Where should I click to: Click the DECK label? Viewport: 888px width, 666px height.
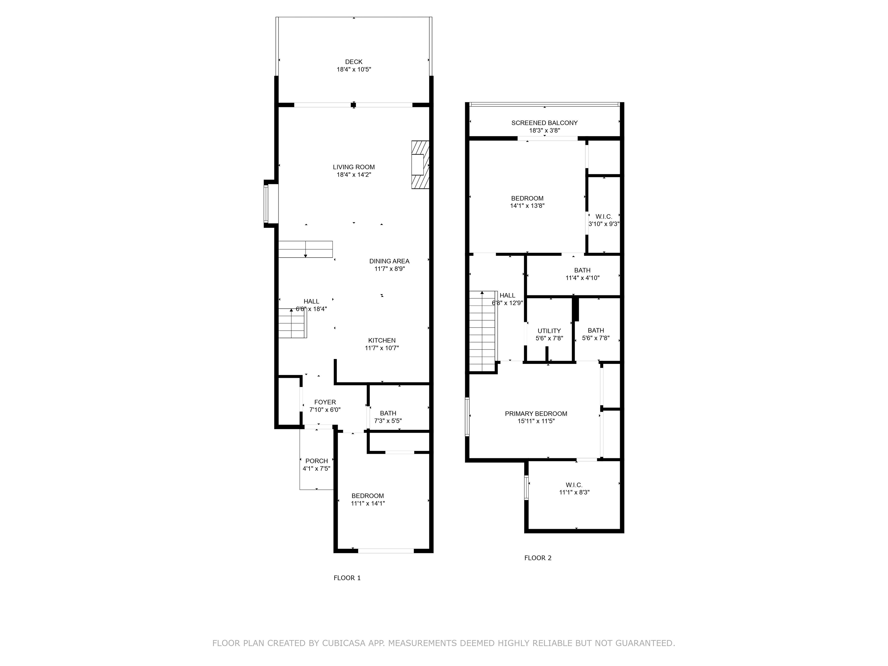354,62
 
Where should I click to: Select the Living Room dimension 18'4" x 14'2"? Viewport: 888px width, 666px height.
354,175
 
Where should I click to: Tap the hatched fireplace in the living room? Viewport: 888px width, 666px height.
420,164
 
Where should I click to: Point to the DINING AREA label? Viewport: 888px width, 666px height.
389,261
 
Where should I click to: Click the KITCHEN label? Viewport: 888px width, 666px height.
382,341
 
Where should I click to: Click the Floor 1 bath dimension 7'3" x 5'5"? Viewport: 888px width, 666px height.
388,421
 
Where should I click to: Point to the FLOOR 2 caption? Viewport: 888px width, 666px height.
538,558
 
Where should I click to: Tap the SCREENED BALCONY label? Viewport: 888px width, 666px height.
544,123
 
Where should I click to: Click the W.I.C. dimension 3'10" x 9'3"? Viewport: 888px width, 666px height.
604,224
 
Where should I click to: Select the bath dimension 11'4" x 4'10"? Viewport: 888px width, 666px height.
582,278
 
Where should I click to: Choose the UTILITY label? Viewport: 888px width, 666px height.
549,331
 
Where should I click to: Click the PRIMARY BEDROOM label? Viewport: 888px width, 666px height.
536,413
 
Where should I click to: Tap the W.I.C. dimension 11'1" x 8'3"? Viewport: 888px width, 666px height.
574,492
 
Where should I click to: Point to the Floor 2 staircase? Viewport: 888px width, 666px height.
483,331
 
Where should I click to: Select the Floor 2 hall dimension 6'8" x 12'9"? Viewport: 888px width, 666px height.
507,303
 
